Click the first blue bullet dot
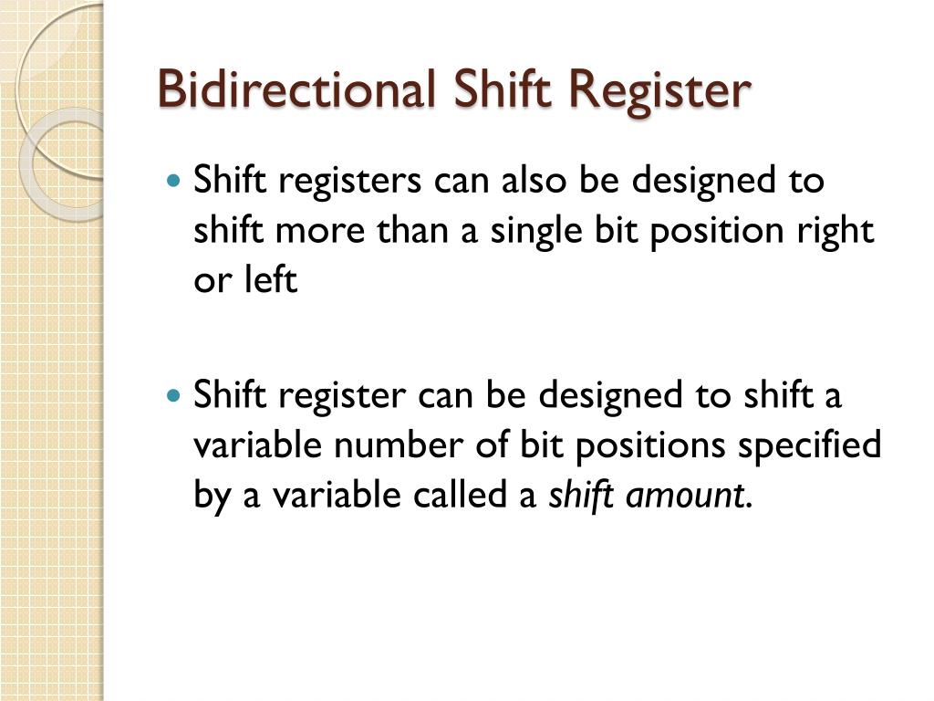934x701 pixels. coord(175,181)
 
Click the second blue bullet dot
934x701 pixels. coord(175,397)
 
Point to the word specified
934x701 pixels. coord(809,447)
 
